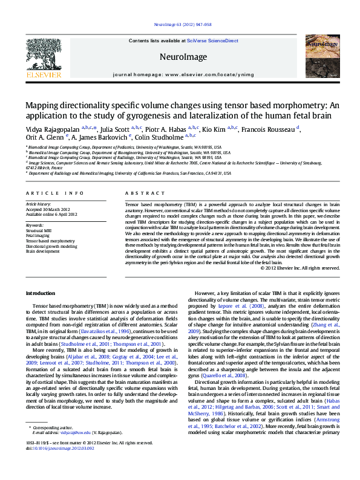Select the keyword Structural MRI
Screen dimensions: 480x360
(x=39, y=230)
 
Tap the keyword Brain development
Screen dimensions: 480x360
(x=42, y=251)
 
